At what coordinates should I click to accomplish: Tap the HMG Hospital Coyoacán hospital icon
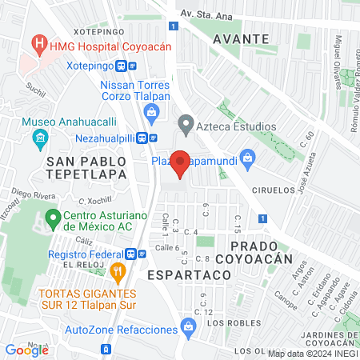(x=37, y=42)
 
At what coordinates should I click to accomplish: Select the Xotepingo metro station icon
(x=122, y=66)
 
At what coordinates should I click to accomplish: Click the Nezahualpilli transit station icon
(x=142, y=137)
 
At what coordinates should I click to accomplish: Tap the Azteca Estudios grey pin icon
(x=186, y=125)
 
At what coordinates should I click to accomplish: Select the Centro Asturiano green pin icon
(x=54, y=217)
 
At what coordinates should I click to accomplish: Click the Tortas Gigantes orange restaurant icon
(x=118, y=274)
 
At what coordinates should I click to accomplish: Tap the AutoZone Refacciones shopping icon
(x=188, y=326)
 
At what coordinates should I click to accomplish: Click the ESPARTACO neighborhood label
(x=189, y=274)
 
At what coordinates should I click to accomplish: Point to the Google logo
(x=26, y=350)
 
